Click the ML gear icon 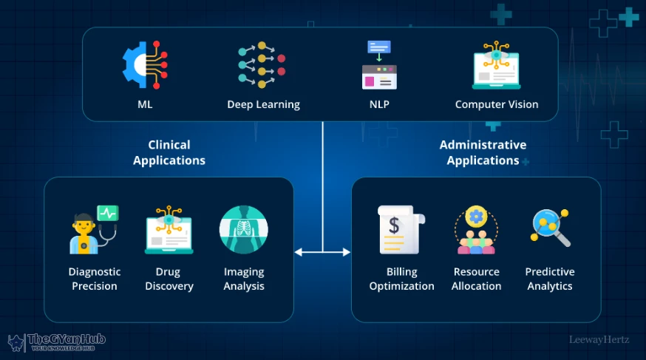click(144, 65)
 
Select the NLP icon click(379, 65)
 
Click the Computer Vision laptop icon click(496, 65)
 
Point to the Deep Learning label click(263, 104)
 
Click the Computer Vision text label click(497, 104)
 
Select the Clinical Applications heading click(169, 152)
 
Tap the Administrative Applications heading click(483, 152)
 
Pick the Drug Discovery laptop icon click(169, 230)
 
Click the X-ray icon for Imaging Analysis click(244, 230)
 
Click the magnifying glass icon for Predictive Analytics click(550, 228)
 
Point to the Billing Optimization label click(401, 279)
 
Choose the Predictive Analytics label click(550, 279)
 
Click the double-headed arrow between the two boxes click(322, 252)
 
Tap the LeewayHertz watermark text click(599, 341)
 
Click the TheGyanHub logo click(57, 342)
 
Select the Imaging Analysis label click(244, 279)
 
